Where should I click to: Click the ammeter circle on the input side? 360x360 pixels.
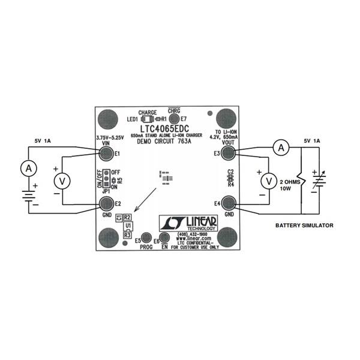click(27, 169)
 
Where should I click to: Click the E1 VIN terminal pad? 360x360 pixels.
click(107, 154)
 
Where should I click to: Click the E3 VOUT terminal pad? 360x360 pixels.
click(228, 153)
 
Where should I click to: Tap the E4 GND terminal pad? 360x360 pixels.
click(228, 203)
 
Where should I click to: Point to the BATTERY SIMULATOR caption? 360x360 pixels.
click(304, 226)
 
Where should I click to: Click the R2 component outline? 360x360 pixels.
click(127, 217)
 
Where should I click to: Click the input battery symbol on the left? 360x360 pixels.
click(26, 196)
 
